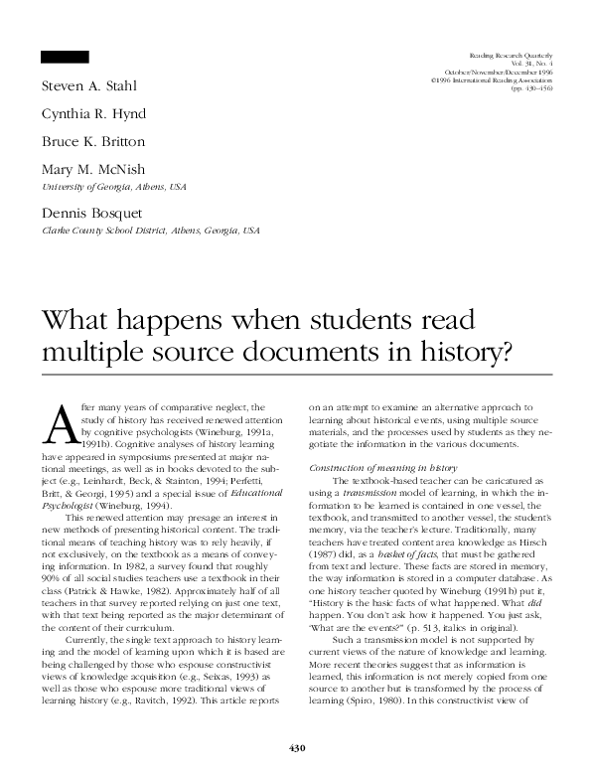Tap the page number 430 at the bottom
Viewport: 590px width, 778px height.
(295, 747)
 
